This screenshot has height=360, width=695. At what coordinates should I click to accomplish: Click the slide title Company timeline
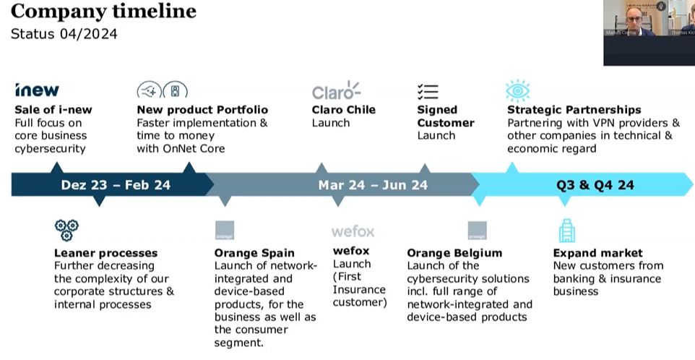pyautogui.click(x=103, y=12)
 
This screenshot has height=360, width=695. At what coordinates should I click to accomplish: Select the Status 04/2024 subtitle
pyautogui.click(x=64, y=34)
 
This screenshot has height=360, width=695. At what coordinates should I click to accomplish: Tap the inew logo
pyautogui.click(x=37, y=90)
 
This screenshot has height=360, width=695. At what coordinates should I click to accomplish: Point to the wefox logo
pyautogui.click(x=353, y=231)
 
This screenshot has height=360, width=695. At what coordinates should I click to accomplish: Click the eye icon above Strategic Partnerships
pyautogui.click(x=517, y=90)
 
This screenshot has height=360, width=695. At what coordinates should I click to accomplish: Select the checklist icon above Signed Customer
pyautogui.click(x=428, y=91)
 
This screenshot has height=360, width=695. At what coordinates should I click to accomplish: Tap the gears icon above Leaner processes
pyautogui.click(x=66, y=231)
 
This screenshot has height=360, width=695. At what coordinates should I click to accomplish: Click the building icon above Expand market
pyautogui.click(x=567, y=231)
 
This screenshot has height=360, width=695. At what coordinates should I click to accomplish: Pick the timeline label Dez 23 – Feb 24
pyautogui.click(x=116, y=185)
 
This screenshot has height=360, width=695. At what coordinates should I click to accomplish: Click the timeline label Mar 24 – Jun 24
pyautogui.click(x=373, y=185)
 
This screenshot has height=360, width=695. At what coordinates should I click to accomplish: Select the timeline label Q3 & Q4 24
pyautogui.click(x=595, y=185)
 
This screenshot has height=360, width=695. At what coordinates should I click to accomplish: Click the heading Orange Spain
pyautogui.click(x=254, y=253)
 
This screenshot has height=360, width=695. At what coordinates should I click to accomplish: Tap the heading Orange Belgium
pyautogui.click(x=454, y=253)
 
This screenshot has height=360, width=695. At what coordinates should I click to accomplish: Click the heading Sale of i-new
pyautogui.click(x=53, y=110)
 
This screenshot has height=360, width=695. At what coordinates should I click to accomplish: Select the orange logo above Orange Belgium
pyautogui.click(x=477, y=231)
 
